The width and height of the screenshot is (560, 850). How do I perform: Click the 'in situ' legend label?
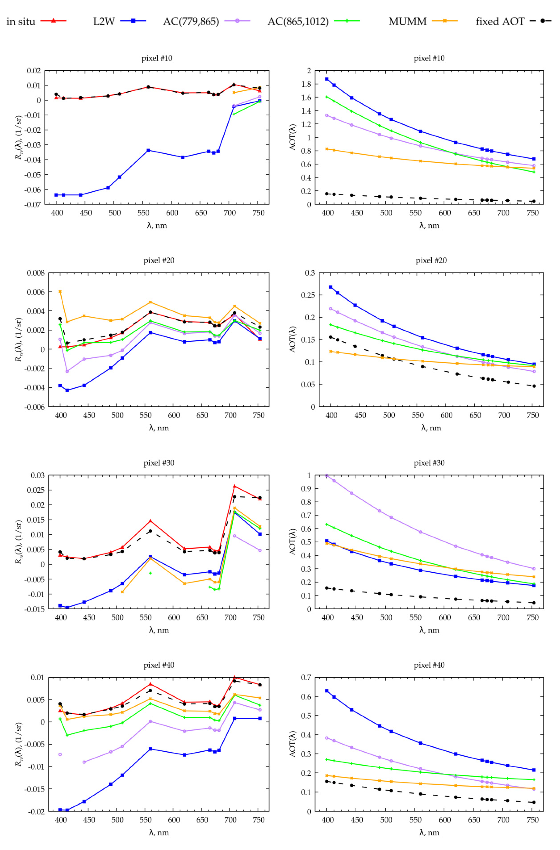tap(21, 21)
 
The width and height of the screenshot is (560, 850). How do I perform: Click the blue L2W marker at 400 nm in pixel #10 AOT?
tap(326, 79)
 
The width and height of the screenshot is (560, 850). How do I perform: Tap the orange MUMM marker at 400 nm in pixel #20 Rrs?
tap(60, 292)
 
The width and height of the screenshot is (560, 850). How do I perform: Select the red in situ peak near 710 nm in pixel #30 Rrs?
tap(235, 486)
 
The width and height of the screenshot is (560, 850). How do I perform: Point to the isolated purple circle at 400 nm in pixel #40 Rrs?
tap(60, 754)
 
